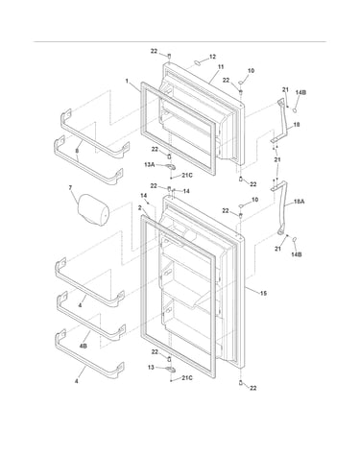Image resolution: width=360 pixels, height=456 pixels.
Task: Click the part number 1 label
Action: pyautogui.click(x=127, y=81)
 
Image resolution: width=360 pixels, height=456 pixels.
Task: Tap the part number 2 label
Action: pyautogui.click(x=140, y=207)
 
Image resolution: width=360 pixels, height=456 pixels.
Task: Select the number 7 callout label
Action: pyautogui.click(x=71, y=187)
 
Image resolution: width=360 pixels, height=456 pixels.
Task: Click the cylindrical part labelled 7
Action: pyautogui.click(x=93, y=210)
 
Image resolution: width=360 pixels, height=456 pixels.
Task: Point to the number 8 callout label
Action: pyautogui.click(x=77, y=150)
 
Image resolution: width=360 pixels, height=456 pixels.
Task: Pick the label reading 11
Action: pyautogui.click(x=221, y=67)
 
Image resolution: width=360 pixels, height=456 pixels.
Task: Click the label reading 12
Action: pyautogui.click(x=212, y=57)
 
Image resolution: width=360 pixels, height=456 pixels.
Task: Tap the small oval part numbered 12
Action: pyautogui.click(x=197, y=62)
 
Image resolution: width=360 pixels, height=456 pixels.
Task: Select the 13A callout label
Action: pyautogui.click(x=150, y=164)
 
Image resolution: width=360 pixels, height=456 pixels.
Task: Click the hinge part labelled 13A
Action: pyautogui.click(x=171, y=167)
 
